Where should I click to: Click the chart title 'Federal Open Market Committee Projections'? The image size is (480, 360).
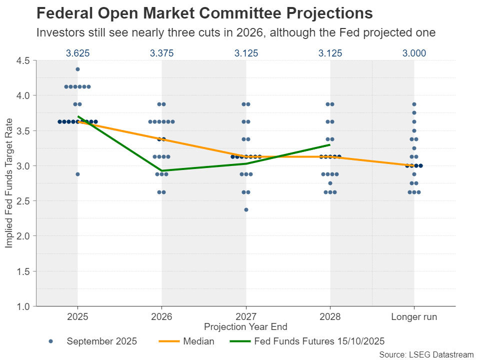coord(204,13)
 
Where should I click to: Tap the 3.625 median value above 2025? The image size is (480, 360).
coord(77,53)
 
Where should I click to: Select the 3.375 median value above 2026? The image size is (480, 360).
coord(161,53)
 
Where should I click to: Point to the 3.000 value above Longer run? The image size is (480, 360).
coord(414,53)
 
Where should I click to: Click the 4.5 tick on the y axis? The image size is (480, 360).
coord(23,60)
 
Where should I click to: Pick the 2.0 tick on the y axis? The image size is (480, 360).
coord(23,236)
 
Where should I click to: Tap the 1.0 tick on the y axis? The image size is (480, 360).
coord(23,306)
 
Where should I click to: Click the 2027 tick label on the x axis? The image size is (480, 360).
coord(245,317)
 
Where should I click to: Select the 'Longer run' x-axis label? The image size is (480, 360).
coord(414,317)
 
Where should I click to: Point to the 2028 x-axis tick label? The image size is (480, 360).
coord(330,317)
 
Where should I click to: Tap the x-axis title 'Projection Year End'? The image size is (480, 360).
coord(245,327)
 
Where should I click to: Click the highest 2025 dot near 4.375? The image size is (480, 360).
coord(77,69)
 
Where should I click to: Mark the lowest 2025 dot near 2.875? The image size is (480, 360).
coord(77,174)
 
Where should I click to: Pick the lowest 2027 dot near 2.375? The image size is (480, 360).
coord(246,209)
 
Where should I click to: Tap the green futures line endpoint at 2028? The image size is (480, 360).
coord(329,144)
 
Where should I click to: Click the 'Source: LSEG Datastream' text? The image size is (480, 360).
coord(426,354)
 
